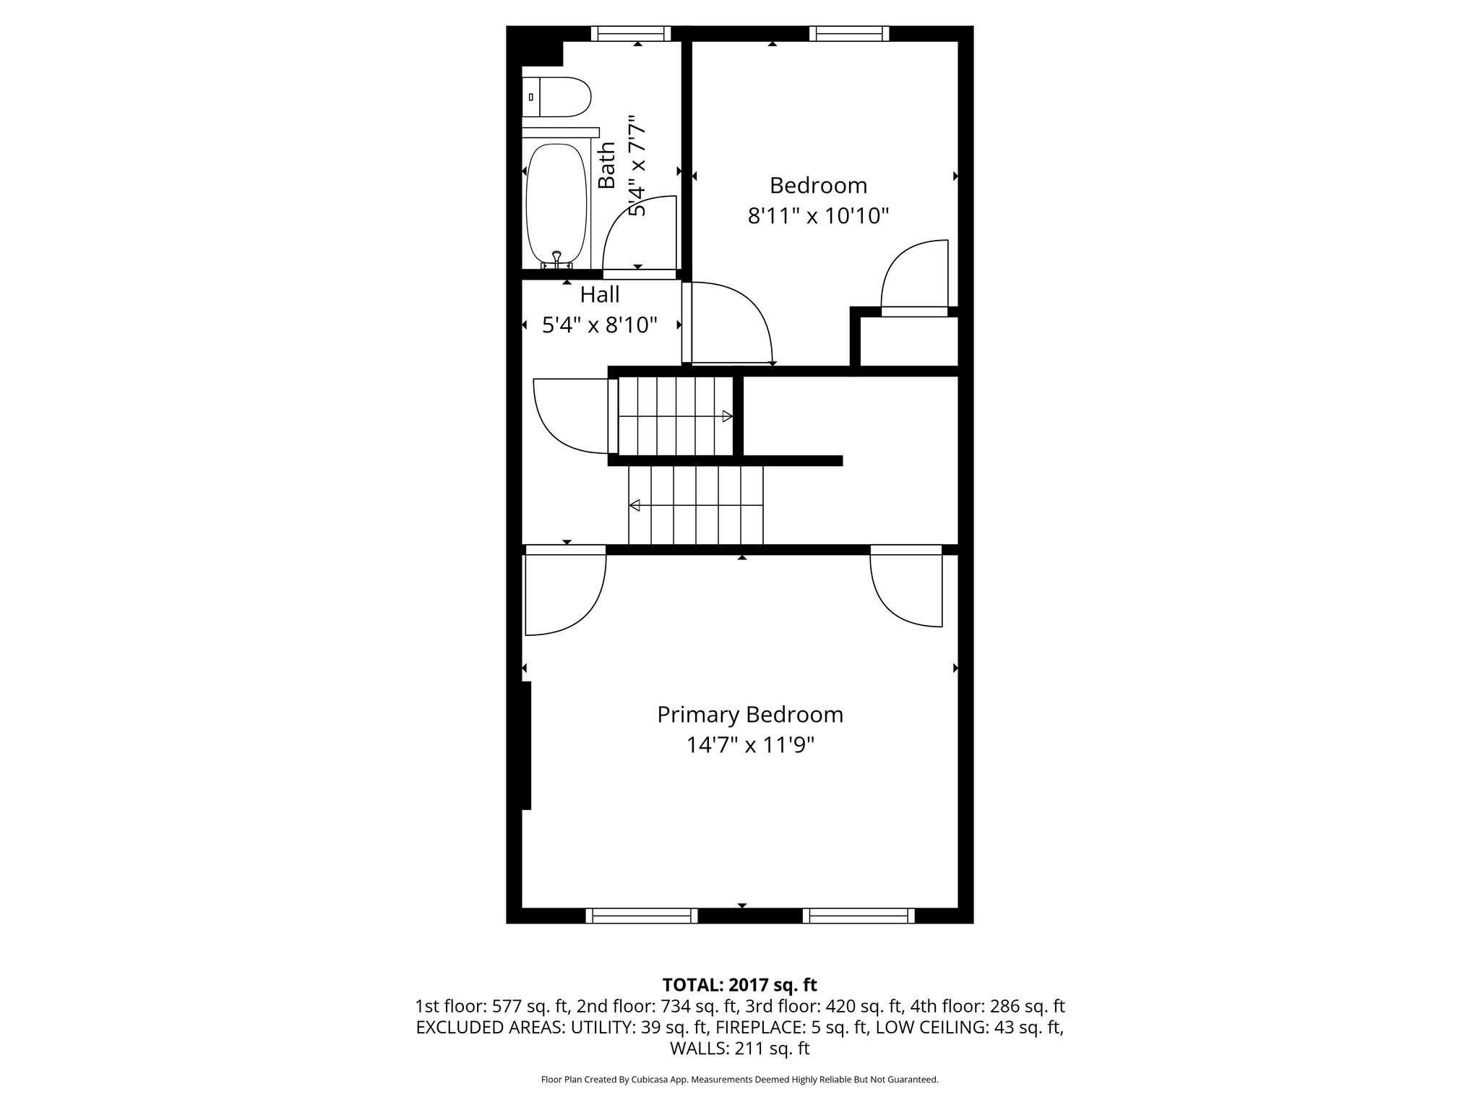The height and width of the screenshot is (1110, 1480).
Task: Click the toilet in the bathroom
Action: coord(558,97)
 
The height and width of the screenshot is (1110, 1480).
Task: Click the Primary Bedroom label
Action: coord(749,715)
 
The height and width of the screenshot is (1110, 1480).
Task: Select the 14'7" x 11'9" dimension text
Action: coord(749,745)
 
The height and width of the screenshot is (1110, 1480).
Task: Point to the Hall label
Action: coord(600,295)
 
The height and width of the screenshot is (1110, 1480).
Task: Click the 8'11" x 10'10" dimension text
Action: coord(817,216)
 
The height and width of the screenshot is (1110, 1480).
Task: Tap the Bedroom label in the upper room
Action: coord(818,186)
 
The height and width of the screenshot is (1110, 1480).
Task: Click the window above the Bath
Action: coord(631,33)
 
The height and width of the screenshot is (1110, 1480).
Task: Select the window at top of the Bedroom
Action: coord(848,33)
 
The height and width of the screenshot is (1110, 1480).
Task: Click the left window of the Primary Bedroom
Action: coord(642,916)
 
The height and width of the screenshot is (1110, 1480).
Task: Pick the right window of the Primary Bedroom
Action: coord(859,916)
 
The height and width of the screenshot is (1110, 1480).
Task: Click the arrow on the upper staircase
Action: coord(727,416)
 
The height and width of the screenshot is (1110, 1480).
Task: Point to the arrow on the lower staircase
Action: coord(634,505)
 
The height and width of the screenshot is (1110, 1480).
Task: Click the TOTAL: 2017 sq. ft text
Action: coord(739,984)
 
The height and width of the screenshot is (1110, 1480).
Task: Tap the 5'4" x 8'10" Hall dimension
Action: coord(600,325)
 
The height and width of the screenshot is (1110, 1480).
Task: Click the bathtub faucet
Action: coord(556,257)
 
